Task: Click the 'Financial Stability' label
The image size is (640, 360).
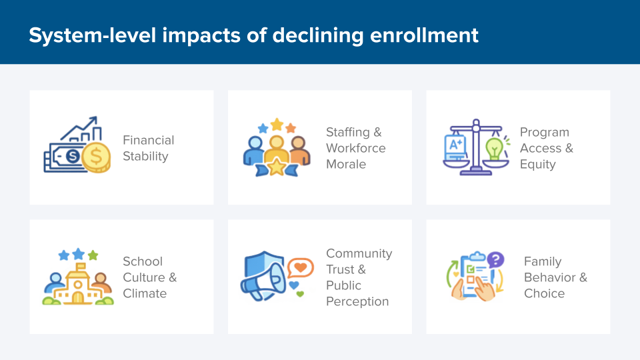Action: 148,148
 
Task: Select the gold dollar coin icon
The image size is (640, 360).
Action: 97,158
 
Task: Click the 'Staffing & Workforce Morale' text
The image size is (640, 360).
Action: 355,148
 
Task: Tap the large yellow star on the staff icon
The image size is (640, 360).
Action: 276,166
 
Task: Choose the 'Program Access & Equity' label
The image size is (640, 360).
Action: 546,148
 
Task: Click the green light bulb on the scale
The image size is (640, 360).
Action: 494,147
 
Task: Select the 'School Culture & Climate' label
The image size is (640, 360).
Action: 149,277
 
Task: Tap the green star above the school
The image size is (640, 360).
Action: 93,255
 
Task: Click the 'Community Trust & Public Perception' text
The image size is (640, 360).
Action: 359,277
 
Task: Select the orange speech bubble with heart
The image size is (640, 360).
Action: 301,268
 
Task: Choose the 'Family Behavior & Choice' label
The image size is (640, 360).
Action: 555,277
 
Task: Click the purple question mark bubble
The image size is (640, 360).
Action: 495,259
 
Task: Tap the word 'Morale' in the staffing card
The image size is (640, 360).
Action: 345,164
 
